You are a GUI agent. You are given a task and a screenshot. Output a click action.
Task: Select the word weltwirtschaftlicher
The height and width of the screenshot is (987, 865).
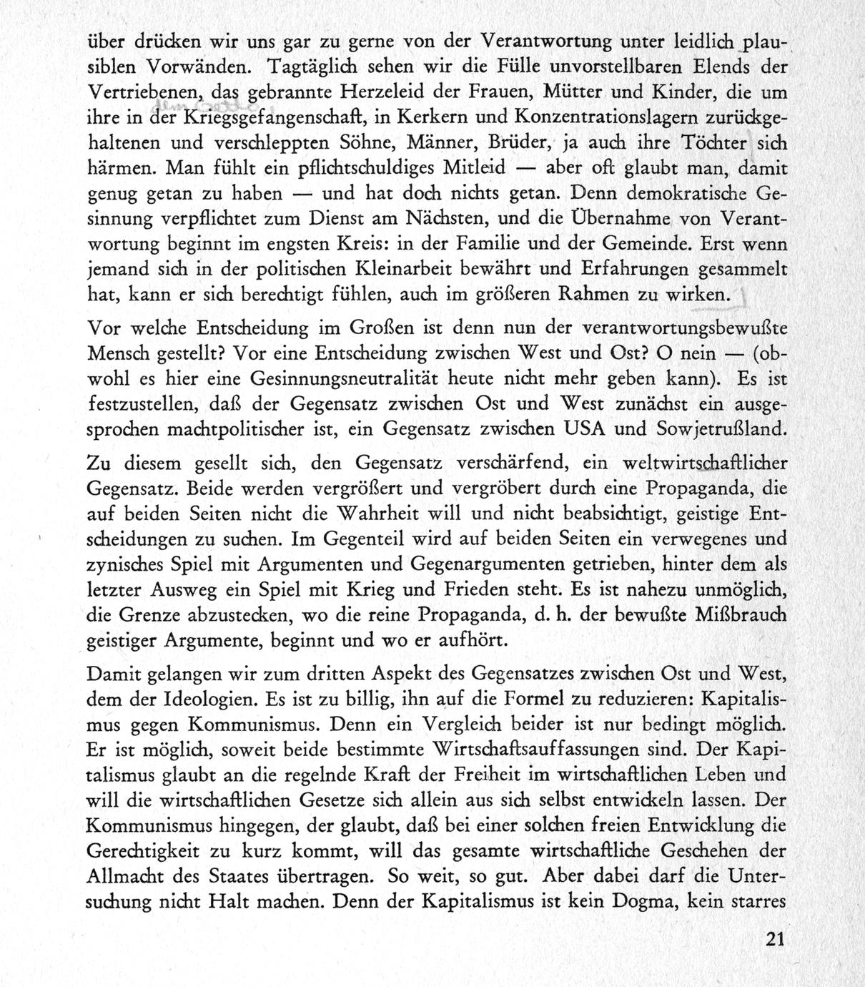click(705, 463)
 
